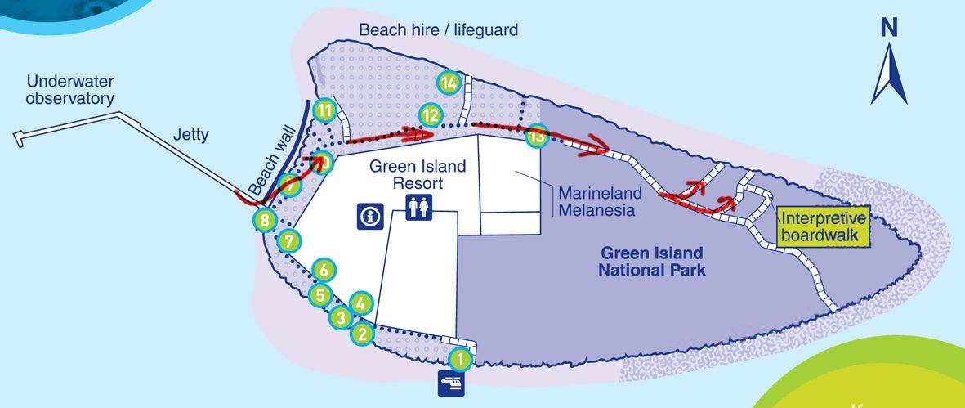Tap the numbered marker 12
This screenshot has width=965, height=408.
[x=430, y=115]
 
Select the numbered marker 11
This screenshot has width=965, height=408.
[x=325, y=110]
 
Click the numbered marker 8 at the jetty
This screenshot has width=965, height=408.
[x=264, y=219]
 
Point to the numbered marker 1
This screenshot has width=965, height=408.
[x=460, y=357]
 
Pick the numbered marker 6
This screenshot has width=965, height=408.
[x=324, y=269]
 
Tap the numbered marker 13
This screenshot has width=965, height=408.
[x=537, y=136]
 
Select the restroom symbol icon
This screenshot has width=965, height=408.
[x=418, y=207]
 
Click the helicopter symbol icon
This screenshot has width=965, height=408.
[x=452, y=383]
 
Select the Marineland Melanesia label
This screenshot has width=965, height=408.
[x=596, y=202]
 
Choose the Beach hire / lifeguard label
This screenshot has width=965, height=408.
[x=439, y=30]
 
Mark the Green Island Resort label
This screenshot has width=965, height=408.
[x=418, y=174]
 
